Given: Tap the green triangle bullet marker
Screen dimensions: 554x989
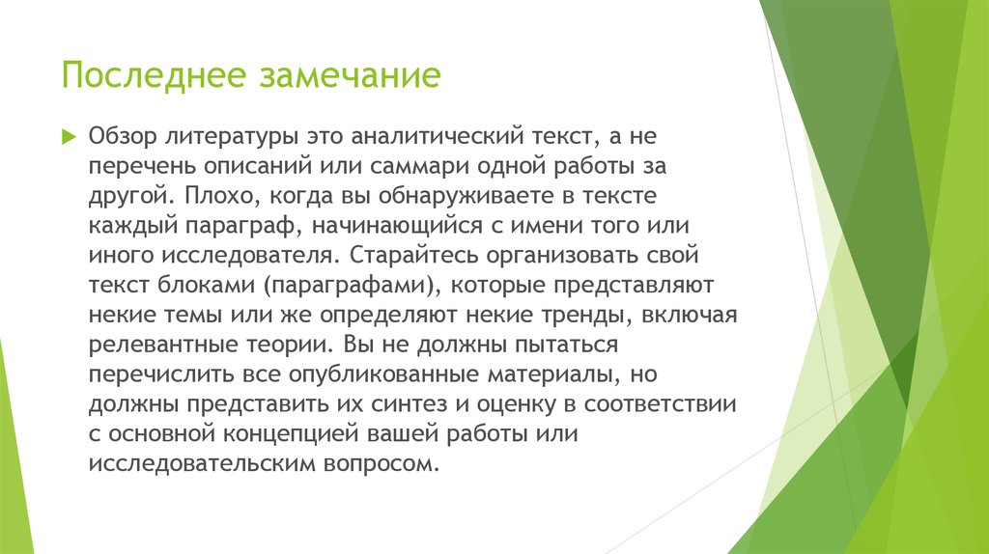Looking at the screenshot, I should coord(68,137).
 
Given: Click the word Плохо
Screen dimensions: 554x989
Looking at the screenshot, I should coord(212,196).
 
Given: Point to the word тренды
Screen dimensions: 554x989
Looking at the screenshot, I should coord(589,315).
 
